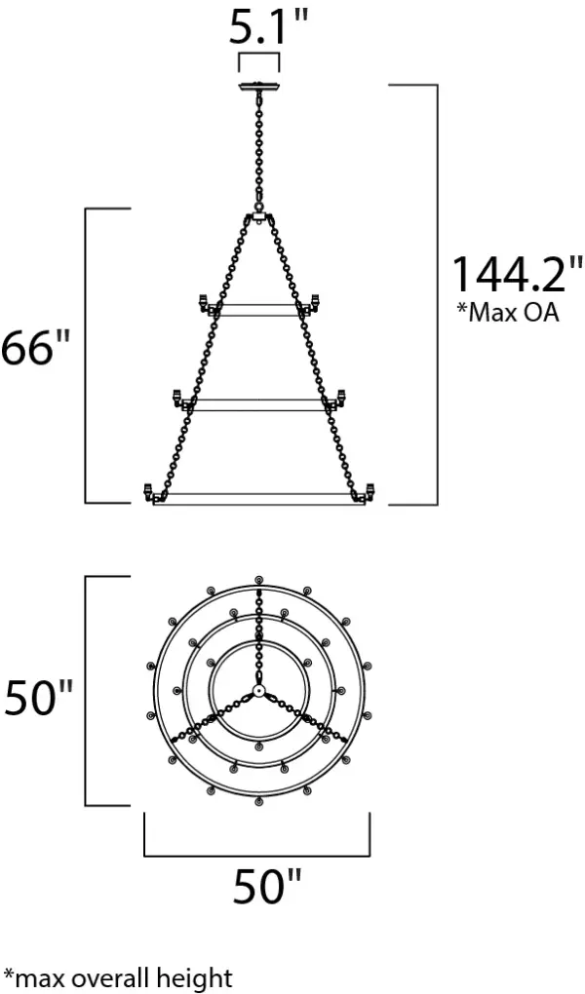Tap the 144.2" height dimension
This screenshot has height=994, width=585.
click(x=516, y=274)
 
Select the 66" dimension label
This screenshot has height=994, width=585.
click(x=35, y=348)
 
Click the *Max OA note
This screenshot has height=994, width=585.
click(x=508, y=313)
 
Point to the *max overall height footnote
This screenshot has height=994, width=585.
click(x=118, y=977)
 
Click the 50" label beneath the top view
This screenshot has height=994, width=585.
click(x=266, y=886)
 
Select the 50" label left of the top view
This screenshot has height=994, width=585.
click(x=39, y=698)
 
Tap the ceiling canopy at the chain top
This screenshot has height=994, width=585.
click(x=258, y=86)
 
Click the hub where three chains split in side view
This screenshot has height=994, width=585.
click(x=258, y=216)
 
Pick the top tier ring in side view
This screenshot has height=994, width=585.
click(x=258, y=310)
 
